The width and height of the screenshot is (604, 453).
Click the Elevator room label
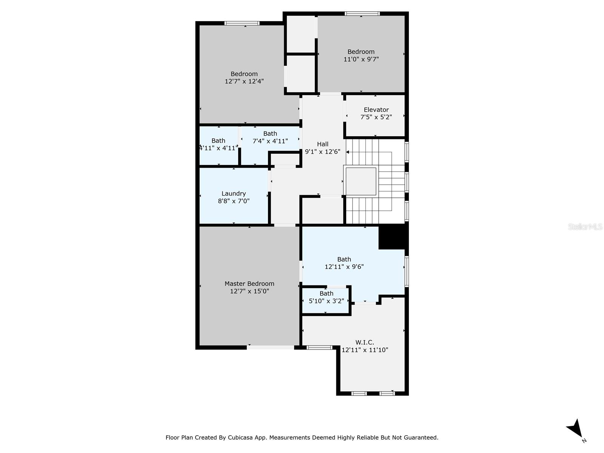pyautogui.click(x=376, y=110)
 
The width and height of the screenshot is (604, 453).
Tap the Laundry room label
pyautogui.click(x=234, y=194)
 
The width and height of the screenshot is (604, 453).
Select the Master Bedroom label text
pyautogui.click(x=249, y=284)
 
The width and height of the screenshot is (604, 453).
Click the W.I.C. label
pyautogui.click(x=365, y=342)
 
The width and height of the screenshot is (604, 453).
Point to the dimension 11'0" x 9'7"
pyautogui.click(x=361, y=59)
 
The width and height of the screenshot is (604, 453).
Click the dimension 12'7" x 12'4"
pyautogui.click(x=244, y=82)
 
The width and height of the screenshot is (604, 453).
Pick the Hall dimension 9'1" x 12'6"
pyautogui.click(x=322, y=152)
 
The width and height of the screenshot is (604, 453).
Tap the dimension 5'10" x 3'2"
pyautogui.click(x=326, y=301)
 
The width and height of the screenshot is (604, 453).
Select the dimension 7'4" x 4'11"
pyautogui.click(x=270, y=141)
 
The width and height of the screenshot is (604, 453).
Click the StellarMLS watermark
pyautogui.click(x=585, y=227)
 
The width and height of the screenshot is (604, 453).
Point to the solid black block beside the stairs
pyautogui.click(x=393, y=237)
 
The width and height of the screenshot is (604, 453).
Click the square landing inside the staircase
pyautogui.click(x=361, y=182)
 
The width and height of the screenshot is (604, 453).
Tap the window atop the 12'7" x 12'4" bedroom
pyautogui.click(x=242, y=23)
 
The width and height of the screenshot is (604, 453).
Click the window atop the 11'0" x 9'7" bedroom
pyautogui.click(x=362, y=14)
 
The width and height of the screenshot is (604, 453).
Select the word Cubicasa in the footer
pyautogui.click(x=240, y=438)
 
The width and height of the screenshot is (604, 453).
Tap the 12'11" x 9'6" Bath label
pyautogui.click(x=344, y=259)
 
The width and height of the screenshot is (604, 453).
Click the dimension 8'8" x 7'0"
pyautogui.click(x=234, y=201)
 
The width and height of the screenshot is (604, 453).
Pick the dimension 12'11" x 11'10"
pyautogui.click(x=365, y=350)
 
